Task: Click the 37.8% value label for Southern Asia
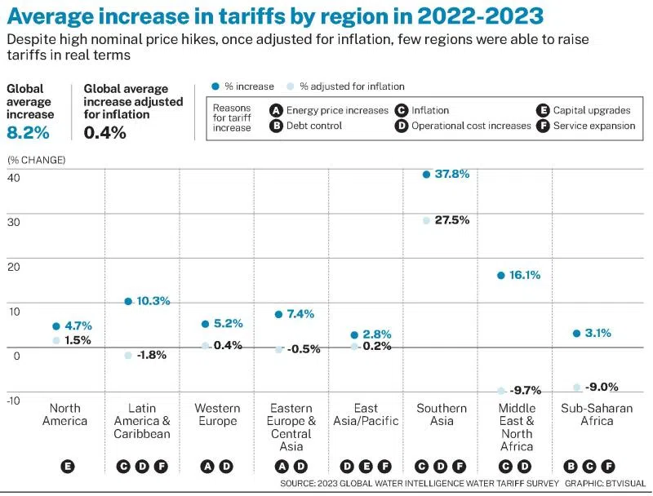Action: (x=451, y=174)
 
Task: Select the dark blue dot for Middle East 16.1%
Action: (x=501, y=276)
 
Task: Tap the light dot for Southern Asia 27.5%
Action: (x=426, y=220)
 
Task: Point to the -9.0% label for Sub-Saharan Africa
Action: (x=603, y=387)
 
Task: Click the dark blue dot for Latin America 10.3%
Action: (x=128, y=301)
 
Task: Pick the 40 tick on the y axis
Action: (x=13, y=178)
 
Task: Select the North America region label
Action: (x=64, y=414)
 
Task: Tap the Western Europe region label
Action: (x=217, y=414)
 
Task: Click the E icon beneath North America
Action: (x=67, y=467)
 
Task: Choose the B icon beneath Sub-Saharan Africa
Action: (x=571, y=467)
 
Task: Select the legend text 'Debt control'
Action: (x=314, y=126)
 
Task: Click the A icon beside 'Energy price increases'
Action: (x=276, y=110)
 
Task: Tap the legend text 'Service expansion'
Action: (x=593, y=126)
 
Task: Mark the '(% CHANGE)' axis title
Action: (x=37, y=159)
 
